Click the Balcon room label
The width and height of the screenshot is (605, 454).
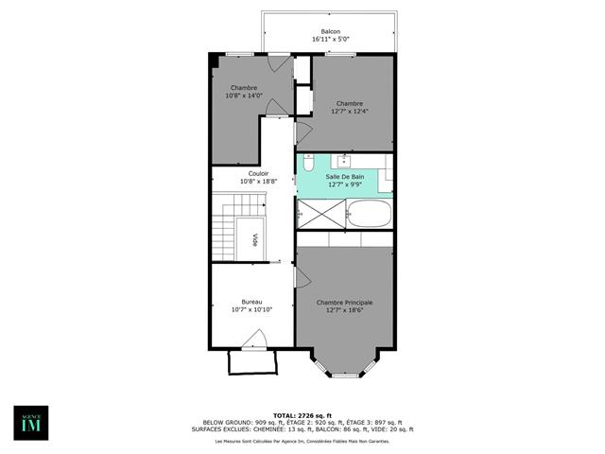330,31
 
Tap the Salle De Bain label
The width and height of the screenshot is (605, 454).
344,177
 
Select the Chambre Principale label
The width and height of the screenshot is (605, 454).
344,303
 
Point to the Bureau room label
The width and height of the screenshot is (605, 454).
252,302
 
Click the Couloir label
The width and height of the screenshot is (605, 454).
258,174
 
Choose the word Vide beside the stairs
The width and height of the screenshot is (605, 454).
254,240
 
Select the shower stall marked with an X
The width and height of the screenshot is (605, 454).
320,214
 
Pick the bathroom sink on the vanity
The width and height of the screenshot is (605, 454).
344,161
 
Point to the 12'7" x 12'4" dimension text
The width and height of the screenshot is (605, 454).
349,112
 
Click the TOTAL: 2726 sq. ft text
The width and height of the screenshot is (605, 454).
302,415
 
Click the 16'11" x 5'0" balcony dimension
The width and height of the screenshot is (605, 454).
330,40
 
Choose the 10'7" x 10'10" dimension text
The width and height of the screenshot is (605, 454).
252,309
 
